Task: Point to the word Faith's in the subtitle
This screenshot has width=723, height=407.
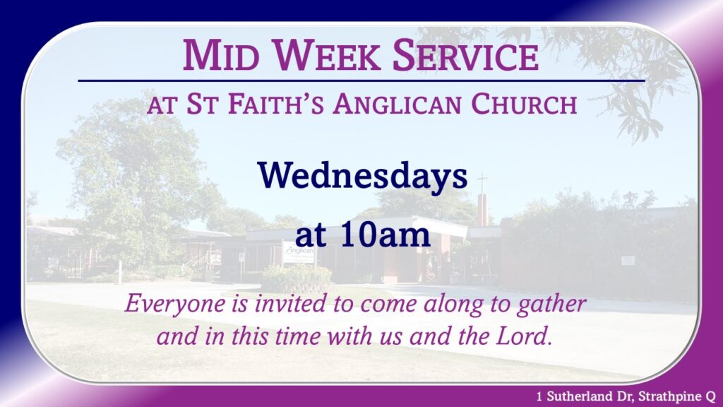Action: point(276,104)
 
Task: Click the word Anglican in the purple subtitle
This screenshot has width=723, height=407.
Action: point(397,104)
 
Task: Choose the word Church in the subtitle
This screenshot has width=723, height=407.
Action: point(524,104)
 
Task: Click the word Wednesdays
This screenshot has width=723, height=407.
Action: point(362,176)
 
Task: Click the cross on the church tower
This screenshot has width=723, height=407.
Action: point(482,183)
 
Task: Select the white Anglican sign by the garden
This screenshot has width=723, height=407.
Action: point(299,253)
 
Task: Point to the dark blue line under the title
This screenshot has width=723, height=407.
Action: point(361,81)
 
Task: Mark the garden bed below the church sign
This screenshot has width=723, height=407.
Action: point(297,279)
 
